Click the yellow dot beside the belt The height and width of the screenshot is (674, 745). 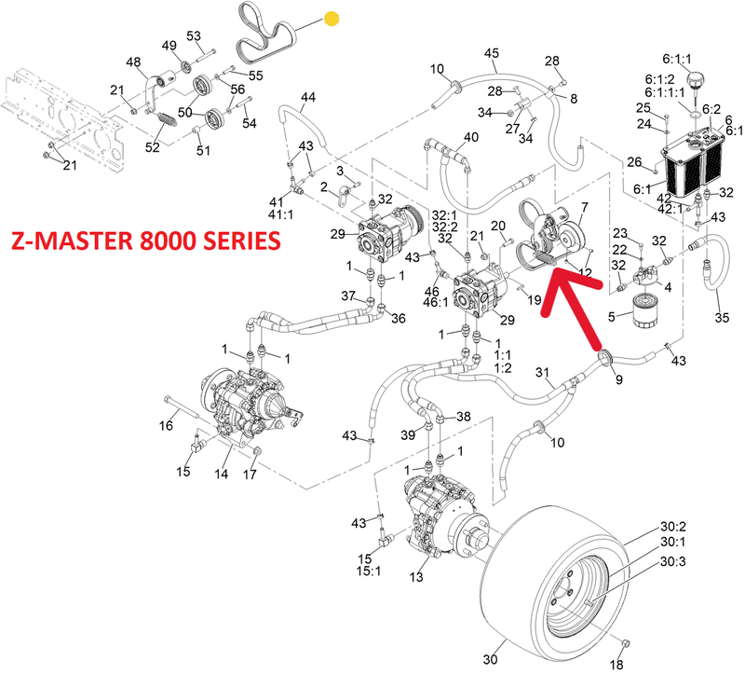point(332,18)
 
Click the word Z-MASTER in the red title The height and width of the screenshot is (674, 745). point(70,241)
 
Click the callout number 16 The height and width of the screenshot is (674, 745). point(166,427)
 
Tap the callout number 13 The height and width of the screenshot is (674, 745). point(415,577)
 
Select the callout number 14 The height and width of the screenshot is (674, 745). point(222,474)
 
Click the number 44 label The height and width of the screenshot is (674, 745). point(308,97)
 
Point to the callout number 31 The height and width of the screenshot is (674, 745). point(545,374)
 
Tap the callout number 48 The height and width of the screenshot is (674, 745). point(134,62)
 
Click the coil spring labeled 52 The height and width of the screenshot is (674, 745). point(163,121)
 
